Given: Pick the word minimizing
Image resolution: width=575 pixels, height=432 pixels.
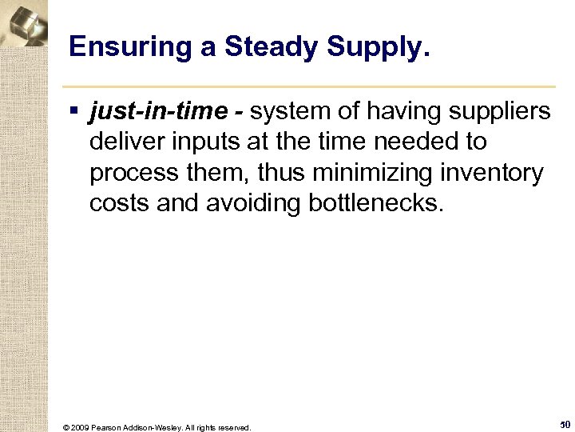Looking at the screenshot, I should (365, 173).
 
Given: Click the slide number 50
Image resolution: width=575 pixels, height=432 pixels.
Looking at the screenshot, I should (564, 424).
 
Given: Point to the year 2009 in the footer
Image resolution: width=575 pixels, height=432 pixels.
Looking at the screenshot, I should (80, 427).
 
